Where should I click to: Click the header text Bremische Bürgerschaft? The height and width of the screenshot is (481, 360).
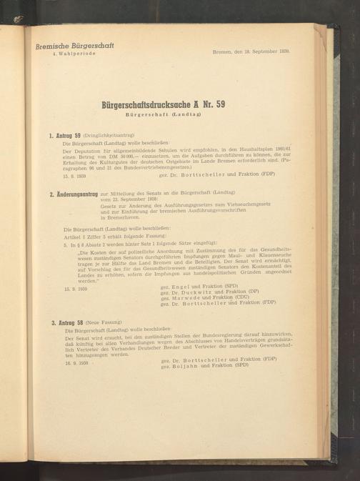pyautogui.click(x=74, y=47)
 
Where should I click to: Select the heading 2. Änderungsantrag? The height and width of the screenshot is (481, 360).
pyautogui.click(x=75, y=194)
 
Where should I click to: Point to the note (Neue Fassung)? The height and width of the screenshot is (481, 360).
pyautogui.click(x=110, y=324)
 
